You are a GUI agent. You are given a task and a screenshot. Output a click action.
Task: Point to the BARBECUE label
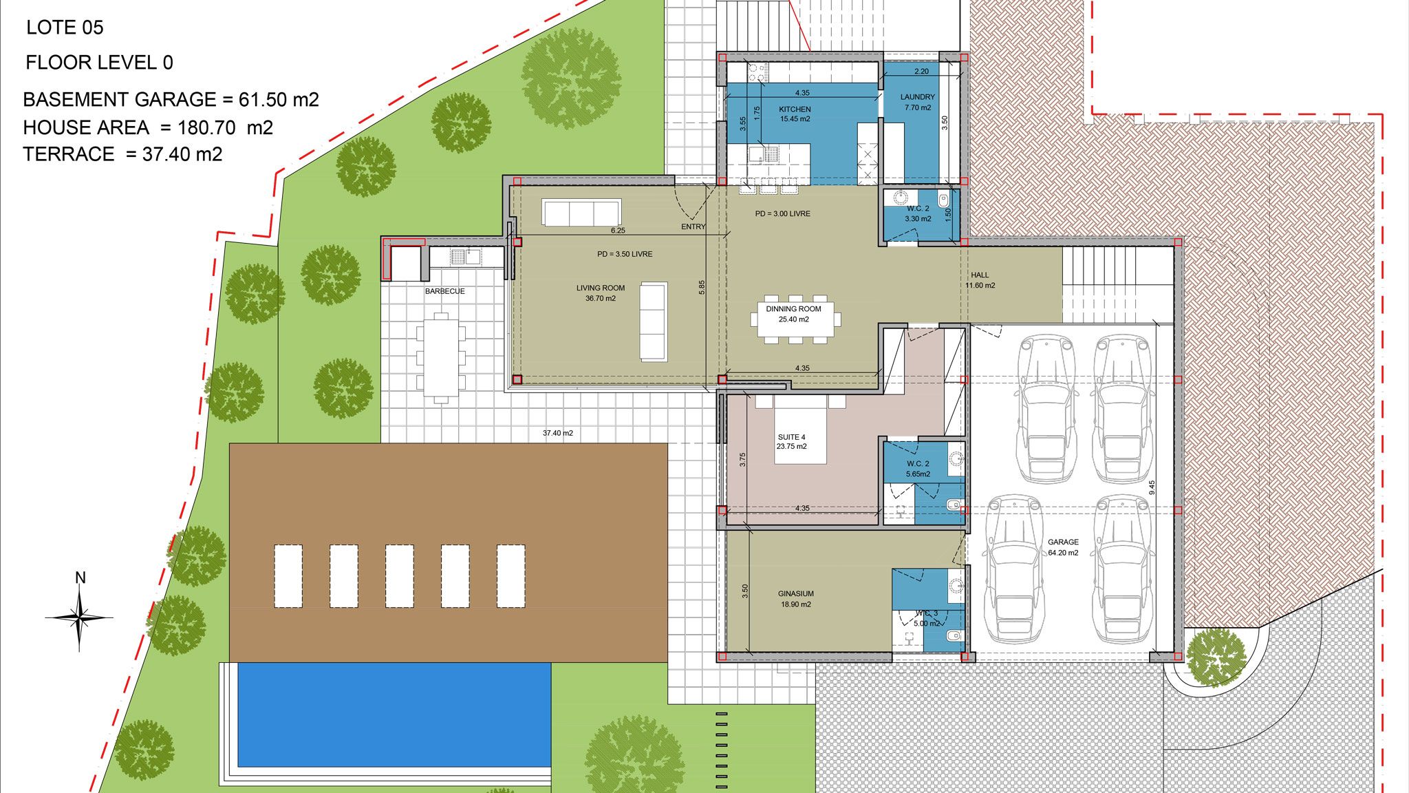pyautogui.click(x=444, y=291)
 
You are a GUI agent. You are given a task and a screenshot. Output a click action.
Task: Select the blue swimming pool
pyautogui.click(x=394, y=715)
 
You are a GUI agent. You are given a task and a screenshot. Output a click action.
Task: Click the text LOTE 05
pyautogui.click(x=65, y=28)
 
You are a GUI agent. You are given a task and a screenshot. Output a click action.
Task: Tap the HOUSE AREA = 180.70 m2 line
pyautogui.click(x=148, y=127)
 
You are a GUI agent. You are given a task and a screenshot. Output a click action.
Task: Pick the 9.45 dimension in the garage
pyautogui.click(x=1152, y=487)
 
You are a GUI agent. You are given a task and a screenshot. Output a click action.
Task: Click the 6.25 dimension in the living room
pyautogui.click(x=617, y=231)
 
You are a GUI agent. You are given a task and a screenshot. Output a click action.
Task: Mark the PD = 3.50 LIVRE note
pyautogui.click(x=625, y=254)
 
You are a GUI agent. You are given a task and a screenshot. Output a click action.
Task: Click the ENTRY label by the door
pyautogui.click(x=693, y=226)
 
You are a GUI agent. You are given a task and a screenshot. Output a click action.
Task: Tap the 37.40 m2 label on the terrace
pyautogui.click(x=557, y=433)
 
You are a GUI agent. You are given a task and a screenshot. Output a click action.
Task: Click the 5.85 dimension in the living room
pyautogui.click(x=702, y=288)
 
